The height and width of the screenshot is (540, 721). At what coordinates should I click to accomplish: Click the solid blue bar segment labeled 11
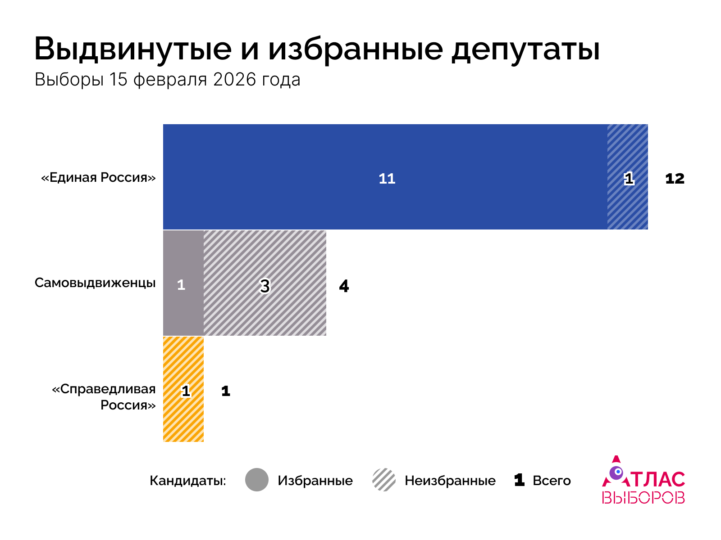tap(385, 177)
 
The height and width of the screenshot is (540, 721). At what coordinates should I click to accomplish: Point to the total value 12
tap(675, 179)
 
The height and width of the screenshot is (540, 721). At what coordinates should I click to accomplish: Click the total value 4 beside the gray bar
tap(344, 286)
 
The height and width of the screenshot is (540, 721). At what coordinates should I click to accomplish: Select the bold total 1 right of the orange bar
tap(226, 391)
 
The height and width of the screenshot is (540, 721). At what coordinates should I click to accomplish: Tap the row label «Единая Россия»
tap(98, 177)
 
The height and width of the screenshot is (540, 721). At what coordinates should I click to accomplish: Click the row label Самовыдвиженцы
tap(95, 283)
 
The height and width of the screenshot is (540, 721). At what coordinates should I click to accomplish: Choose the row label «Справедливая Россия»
tap(105, 397)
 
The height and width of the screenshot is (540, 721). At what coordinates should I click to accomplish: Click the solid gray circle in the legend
tap(257, 480)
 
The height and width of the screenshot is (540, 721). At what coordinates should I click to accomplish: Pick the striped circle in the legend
tap(384, 480)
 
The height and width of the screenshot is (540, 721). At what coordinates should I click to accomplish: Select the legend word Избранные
tap(315, 481)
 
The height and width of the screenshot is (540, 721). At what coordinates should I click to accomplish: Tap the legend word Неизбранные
tap(450, 481)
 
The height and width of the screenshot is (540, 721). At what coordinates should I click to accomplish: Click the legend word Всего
tap(552, 481)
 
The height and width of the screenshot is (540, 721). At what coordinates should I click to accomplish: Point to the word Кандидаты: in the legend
tap(188, 481)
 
